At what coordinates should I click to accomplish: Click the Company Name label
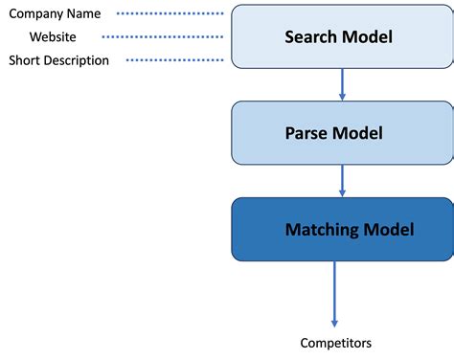click(x=55, y=14)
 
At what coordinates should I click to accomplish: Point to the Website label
click(x=53, y=37)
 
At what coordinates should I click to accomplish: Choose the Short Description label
click(x=59, y=60)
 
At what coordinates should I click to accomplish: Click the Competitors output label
click(x=335, y=343)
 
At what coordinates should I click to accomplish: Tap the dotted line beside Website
click(x=163, y=37)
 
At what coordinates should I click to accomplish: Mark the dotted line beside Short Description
click(x=178, y=60)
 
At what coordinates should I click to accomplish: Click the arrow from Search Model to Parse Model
click(x=342, y=84)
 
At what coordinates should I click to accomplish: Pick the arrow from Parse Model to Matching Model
click(x=342, y=180)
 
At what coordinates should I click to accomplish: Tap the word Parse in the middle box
click(x=306, y=133)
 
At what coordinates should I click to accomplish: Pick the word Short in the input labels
click(x=25, y=60)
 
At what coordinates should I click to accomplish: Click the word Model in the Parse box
click(x=357, y=133)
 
